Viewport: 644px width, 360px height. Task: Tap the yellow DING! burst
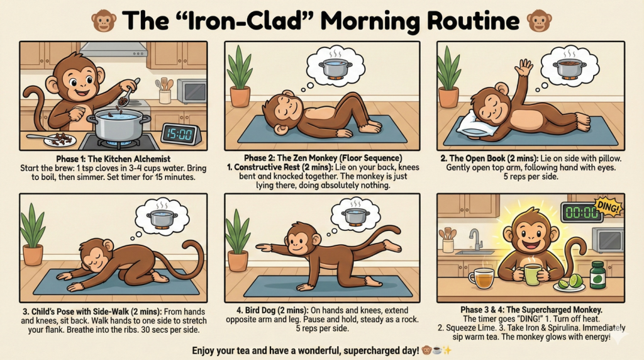[x=608, y=208]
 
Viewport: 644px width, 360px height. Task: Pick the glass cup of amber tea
[x=481, y=278]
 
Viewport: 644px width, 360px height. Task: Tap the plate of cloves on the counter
[x=60, y=140]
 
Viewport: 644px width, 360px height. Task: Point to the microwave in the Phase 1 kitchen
[x=192, y=91]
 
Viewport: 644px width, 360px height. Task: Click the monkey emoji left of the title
[x=104, y=21]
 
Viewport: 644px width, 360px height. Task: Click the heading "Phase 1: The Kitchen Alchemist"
[x=113, y=159]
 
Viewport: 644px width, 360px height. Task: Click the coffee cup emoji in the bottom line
[x=436, y=351]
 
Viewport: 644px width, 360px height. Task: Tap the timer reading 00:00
[x=582, y=213]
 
